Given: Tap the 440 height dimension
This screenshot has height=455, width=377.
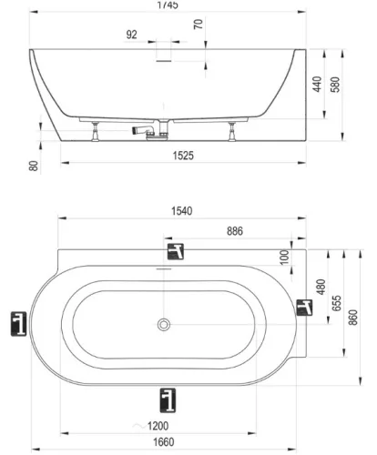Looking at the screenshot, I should pyautogui.click(x=317, y=86).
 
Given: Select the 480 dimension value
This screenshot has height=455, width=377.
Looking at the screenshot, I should pyautogui.click(x=321, y=285).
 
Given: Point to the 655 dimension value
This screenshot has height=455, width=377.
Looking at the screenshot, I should pyautogui.click(x=337, y=302).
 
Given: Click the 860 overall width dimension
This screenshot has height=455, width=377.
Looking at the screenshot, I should pyautogui.click(x=355, y=320).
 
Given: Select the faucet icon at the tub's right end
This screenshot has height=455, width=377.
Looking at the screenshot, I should pyautogui.click(x=305, y=309).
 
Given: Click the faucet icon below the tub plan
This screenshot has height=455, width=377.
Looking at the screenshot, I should pyautogui.click(x=168, y=398).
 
